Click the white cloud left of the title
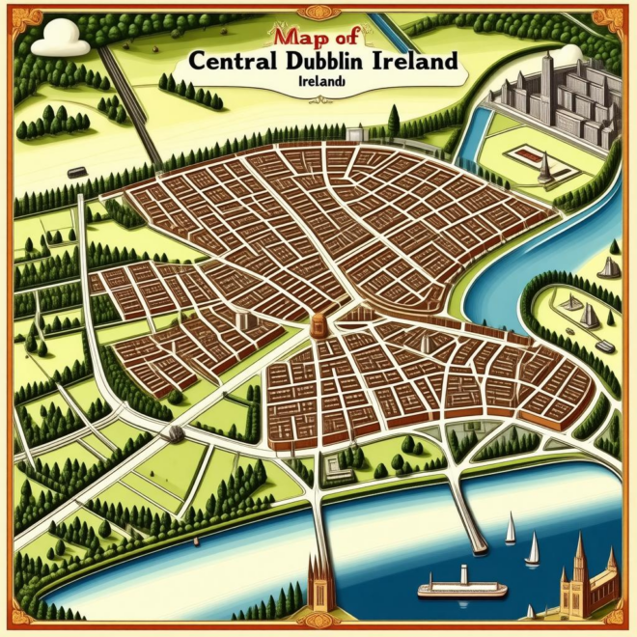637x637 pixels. point(61,39)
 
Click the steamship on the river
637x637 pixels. point(461,586)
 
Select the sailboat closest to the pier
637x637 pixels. point(510,530)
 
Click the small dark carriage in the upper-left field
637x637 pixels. point(76,172)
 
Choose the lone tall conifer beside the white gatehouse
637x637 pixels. point(393,119)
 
